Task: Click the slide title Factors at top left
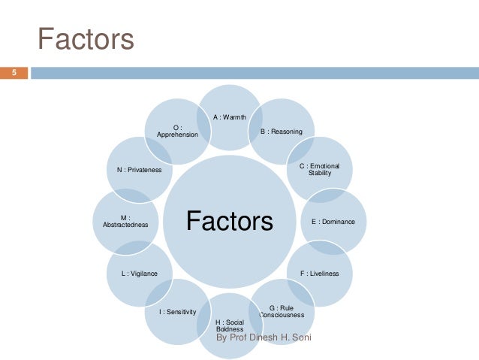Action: pos(86,38)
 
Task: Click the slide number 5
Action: pos(13,73)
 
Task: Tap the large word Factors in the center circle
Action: pos(230,221)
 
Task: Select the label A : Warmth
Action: pos(230,117)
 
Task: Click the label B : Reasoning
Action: pos(282,132)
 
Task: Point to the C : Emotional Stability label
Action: pos(320,169)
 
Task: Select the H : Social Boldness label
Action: pos(230,325)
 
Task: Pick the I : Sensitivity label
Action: pos(177,311)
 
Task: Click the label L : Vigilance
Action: pos(140,274)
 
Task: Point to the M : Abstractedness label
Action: pos(125,221)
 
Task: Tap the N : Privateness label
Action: pos(139,170)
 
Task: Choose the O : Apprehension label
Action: pos(177,131)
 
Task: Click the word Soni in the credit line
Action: pos(302,338)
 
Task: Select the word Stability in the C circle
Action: pos(320,173)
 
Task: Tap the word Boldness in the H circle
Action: pos(229,329)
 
